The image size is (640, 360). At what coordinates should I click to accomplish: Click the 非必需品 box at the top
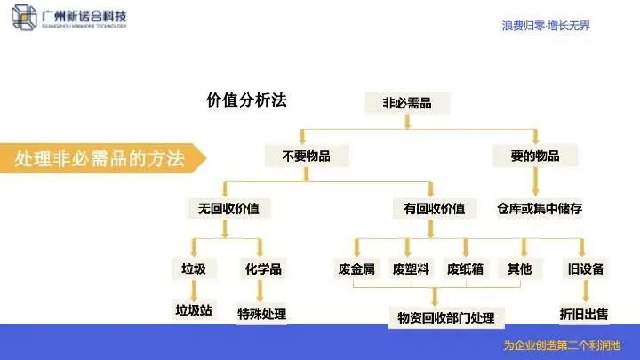pos(407,103)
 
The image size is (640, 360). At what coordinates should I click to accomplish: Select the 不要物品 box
pos(306,156)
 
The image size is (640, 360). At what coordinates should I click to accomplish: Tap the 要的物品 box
pos(535,156)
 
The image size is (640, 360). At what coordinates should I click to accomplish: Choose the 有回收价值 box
pos(434,209)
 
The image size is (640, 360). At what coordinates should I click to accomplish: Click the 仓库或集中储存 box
pos(540,209)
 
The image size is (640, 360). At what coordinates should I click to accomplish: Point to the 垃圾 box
pos(193,268)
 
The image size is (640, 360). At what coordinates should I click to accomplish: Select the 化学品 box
pos(262,268)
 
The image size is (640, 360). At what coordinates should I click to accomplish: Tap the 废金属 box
pos(356,268)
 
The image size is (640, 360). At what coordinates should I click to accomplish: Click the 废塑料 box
pos(412,268)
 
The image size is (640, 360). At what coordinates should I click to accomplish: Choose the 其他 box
pos(519,268)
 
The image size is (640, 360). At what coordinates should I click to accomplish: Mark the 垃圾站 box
pos(193,310)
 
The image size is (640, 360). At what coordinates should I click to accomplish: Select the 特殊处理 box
pos(261,314)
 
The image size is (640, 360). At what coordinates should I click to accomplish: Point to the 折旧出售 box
pos(584,313)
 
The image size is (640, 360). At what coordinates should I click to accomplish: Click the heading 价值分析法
pos(246,100)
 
